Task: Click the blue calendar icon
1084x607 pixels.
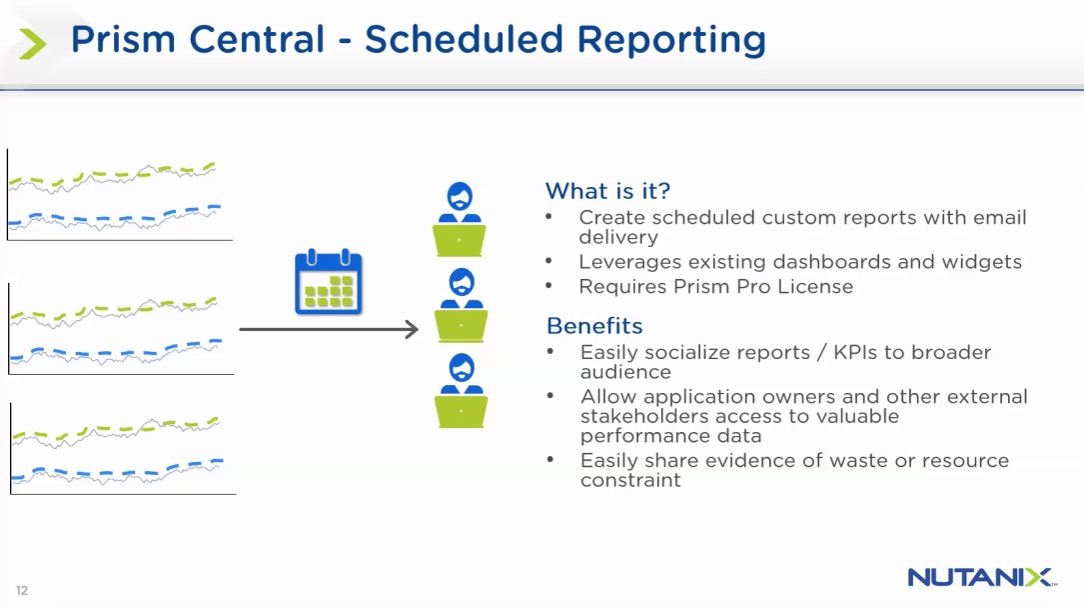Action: point(329,282)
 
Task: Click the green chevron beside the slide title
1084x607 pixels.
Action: point(32,44)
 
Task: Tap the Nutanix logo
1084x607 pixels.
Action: point(982,577)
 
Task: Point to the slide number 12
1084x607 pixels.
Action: point(22,590)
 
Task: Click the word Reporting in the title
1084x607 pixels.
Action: point(671,40)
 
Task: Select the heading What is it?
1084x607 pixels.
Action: point(607,190)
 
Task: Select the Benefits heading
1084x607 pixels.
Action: point(594,325)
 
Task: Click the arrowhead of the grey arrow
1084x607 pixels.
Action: point(413,329)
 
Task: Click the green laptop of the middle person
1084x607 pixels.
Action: point(462,326)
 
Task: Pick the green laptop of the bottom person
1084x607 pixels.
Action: point(462,411)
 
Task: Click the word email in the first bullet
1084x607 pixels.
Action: point(1000,217)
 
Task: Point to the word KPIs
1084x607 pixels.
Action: point(856,352)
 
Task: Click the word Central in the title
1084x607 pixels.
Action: point(257,39)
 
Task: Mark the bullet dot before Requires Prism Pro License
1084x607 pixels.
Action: point(548,285)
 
